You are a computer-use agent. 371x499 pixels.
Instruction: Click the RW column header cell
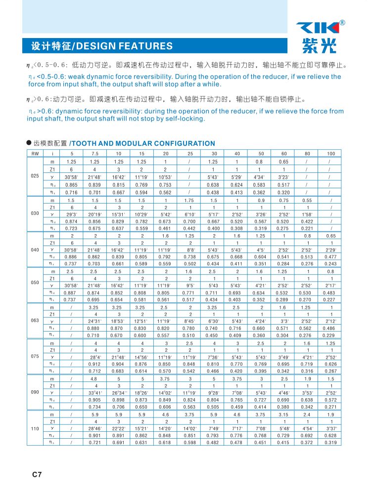click(x=35, y=153)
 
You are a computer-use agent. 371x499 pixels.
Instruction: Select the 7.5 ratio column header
click(x=94, y=153)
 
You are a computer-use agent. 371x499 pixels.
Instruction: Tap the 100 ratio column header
click(x=331, y=153)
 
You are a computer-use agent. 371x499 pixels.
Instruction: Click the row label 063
click(x=35, y=321)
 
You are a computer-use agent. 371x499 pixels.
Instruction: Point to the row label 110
click(x=35, y=428)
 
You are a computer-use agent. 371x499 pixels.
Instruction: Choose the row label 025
click(x=35, y=176)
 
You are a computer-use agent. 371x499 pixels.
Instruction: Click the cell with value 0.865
click(x=71, y=184)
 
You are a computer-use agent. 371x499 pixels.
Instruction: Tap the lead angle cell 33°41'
click(x=94, y=392)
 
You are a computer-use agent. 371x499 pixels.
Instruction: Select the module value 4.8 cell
click(x=94, y=378)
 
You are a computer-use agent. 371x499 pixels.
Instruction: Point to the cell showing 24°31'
click(x=94, y=321)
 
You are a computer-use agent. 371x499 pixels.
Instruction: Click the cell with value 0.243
click(x=331, y=263)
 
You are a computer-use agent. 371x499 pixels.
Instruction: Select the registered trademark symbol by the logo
click(x=342, y=22)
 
